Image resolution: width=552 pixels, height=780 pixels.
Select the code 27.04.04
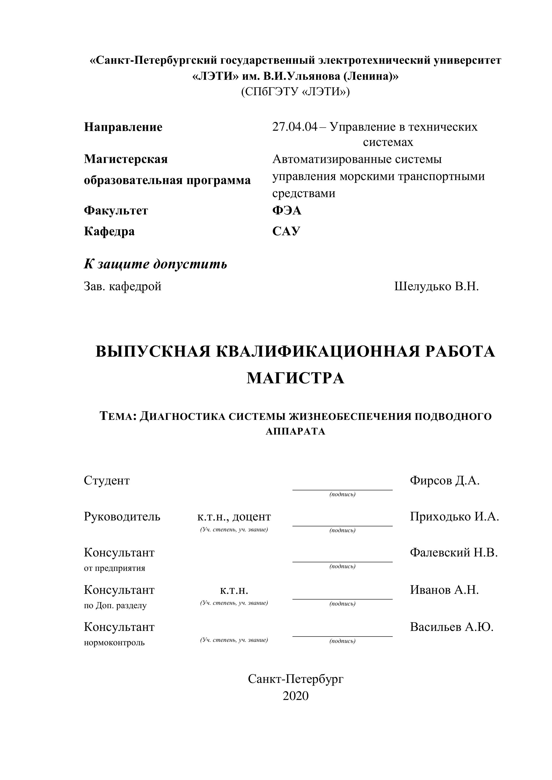coord(294,127)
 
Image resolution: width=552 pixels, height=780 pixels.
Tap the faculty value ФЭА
coord(286,211)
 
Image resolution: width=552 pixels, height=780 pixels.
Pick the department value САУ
coord(286,231)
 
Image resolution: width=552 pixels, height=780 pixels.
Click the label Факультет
coord(116,211)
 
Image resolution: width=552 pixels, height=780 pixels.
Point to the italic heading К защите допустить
coord(155,264)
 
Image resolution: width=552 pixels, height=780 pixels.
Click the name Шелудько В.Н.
coord(436,286)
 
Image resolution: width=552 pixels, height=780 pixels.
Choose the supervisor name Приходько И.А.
coord(454,516)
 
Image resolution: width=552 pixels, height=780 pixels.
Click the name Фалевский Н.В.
coord(454,552)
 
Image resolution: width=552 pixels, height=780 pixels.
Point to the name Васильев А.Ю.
coord(451,627)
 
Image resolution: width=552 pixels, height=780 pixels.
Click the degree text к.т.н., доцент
coord(234,517)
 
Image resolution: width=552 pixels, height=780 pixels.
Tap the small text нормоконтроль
coord(114,642)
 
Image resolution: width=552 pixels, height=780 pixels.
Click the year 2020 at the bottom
coord(295,696)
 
